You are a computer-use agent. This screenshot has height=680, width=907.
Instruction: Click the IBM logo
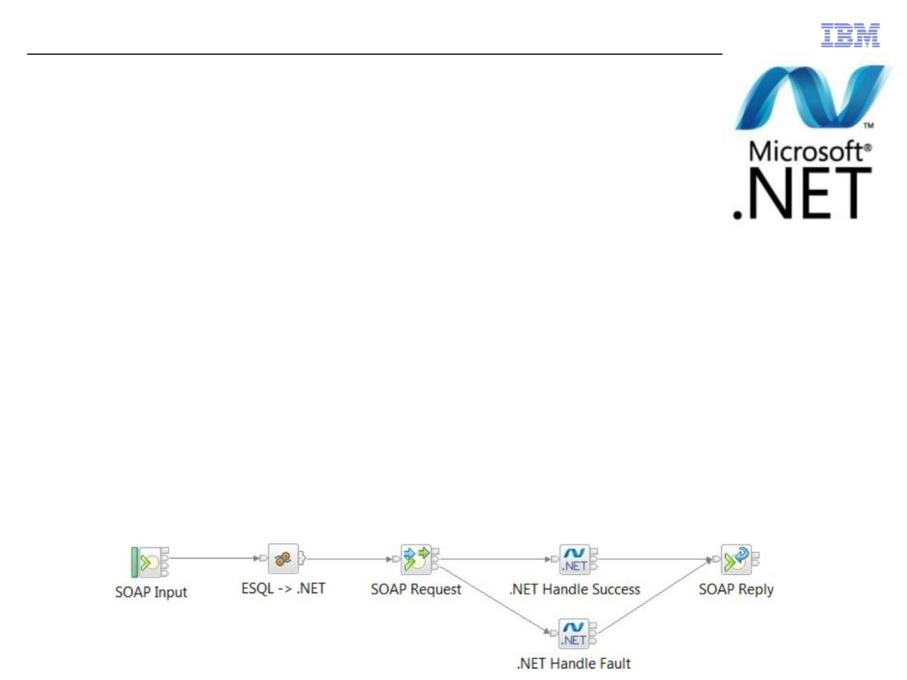coord(850,35)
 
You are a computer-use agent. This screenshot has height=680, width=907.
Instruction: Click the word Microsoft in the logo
coord(807,152)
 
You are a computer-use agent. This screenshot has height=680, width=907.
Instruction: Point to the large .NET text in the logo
coord(802,193)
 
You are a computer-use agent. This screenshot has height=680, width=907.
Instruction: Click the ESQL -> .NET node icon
coord(283,558)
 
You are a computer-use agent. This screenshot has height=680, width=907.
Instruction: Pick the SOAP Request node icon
coord(416,559)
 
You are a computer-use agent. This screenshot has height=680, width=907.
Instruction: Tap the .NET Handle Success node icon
coord(574,559)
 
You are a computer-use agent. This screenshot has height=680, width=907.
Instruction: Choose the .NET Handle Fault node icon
coord(574,633)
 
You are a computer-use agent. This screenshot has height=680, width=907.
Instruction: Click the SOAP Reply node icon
coord(736,559)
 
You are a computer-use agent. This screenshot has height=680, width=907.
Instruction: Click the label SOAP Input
coord(151,592)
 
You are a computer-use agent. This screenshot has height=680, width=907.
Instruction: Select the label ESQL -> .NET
coord(283,589)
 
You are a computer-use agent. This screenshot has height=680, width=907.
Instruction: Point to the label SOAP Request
coord(416,589)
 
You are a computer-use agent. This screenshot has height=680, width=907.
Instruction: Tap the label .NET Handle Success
coord(574,589)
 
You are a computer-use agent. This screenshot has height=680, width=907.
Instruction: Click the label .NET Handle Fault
coord(574,663)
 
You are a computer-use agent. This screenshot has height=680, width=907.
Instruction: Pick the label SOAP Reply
coord(736,589)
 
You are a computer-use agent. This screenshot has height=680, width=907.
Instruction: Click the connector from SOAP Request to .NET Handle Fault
coord(491,599)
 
